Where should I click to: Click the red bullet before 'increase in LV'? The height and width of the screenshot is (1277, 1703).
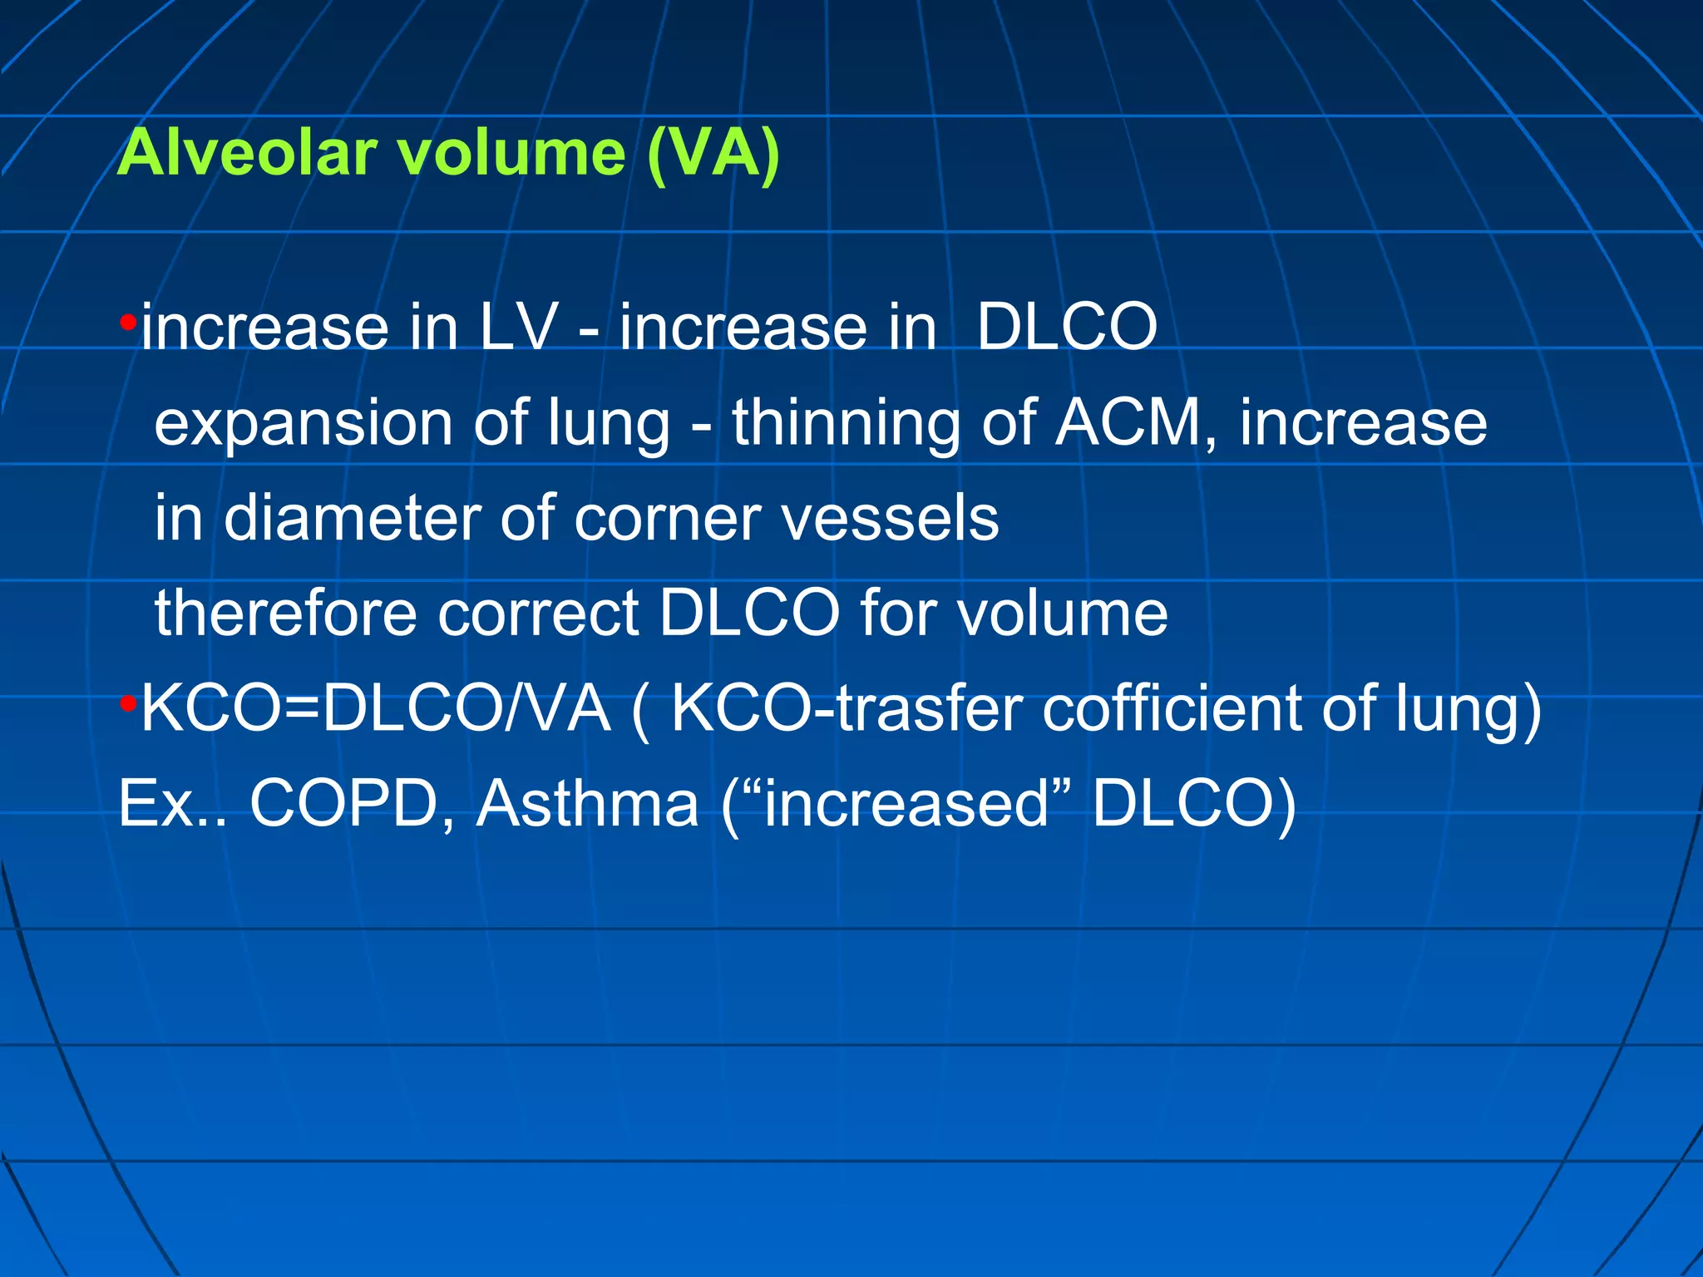point(128,322)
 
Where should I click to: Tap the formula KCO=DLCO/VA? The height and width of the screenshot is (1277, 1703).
point(375,708)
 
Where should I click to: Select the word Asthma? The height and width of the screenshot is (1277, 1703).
point(587,803)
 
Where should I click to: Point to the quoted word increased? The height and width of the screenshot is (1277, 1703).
point(906,803)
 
